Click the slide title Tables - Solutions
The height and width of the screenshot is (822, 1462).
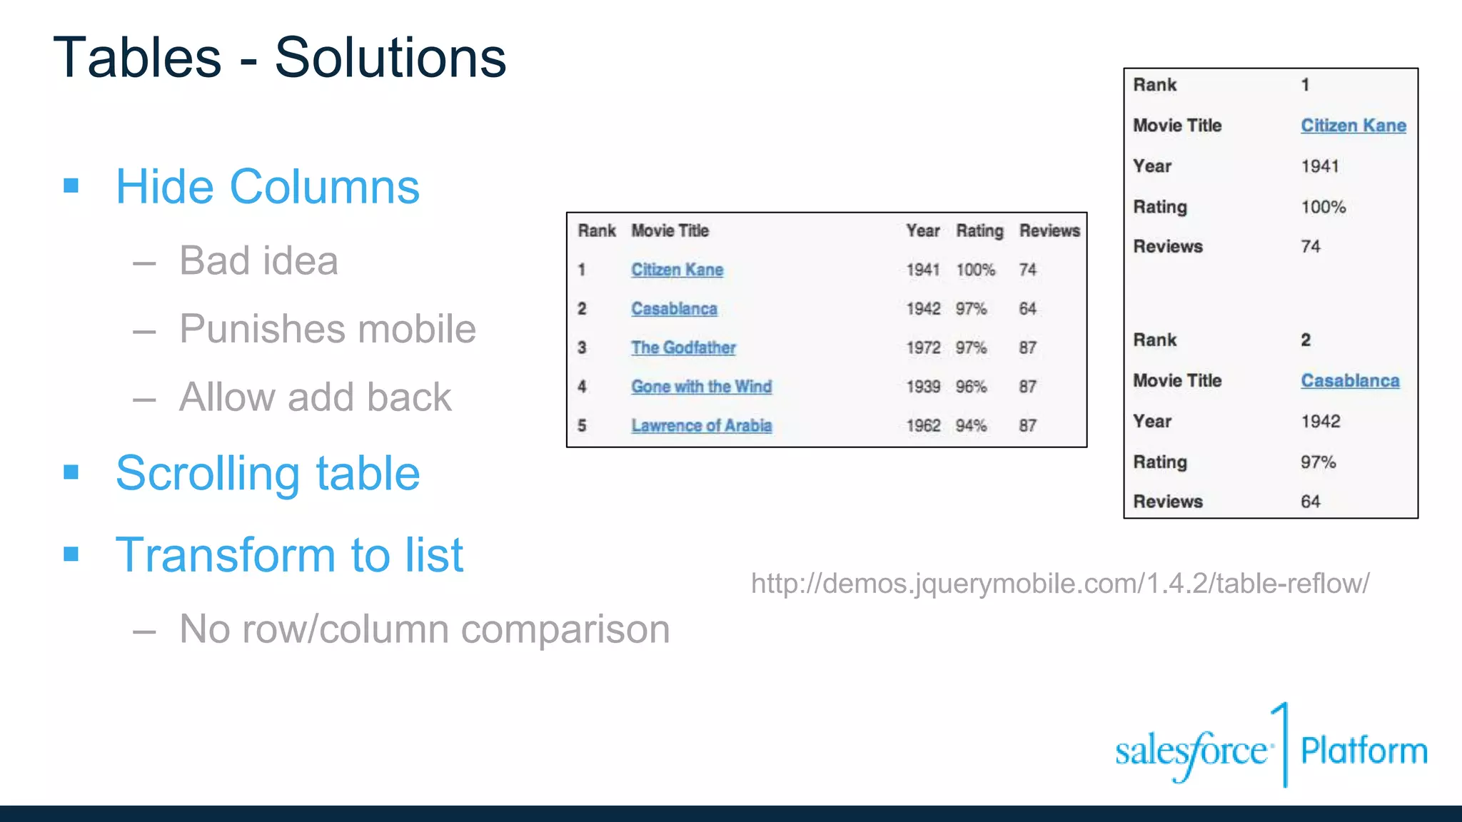click(279, 58)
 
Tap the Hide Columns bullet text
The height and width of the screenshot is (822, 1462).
click(268, 187)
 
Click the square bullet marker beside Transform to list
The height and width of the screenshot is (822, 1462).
click(71, 554)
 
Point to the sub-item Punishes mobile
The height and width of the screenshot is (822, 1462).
click(327, 329)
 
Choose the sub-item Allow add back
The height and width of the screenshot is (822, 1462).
click(315, 397)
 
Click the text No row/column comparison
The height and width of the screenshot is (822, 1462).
click(424, 629)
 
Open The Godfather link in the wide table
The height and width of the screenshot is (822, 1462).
click(683, 347)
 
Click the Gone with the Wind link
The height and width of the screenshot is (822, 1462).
click(701, 387)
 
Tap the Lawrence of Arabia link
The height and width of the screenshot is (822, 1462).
click(701, 426)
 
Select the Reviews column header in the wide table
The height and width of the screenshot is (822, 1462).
click(1049, 230)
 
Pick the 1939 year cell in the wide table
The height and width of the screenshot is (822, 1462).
click(923, 387)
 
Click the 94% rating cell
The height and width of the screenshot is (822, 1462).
click(971, 426)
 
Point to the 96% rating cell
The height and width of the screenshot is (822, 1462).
click(971, 387)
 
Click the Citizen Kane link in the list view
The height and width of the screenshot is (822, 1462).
click(1353, 126)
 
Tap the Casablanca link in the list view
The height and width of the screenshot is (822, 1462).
click(1349, 381)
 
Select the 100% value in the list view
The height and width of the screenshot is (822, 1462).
click(1323, 207)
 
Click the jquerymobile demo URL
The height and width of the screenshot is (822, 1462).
click(1060, 584)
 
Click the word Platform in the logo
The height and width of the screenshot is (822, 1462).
click(1363, 751)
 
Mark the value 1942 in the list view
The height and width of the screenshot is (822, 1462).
click(1320, 422)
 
